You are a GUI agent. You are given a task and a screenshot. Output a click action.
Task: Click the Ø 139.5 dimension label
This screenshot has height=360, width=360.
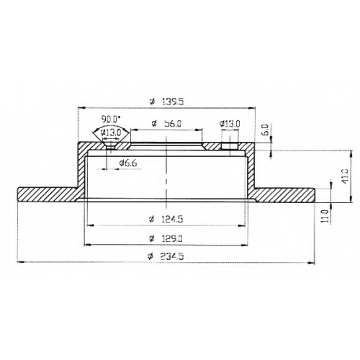pos(166,102)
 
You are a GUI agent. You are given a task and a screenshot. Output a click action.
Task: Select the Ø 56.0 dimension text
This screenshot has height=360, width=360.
pos(166,124)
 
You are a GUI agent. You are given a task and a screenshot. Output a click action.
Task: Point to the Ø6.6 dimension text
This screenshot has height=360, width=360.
pos(128,163)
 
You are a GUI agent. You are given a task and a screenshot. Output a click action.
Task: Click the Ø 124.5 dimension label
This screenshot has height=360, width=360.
pos(166,219)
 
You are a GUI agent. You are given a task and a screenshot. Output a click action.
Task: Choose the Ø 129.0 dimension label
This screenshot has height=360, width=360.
pos(166,238)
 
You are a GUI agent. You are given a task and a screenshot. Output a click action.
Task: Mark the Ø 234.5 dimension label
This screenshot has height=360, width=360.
pos(166,256)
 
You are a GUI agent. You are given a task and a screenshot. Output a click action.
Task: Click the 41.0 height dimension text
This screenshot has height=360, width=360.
pos(345,176)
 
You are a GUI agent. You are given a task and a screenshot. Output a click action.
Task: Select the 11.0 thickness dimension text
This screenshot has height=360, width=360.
pos(325,216)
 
